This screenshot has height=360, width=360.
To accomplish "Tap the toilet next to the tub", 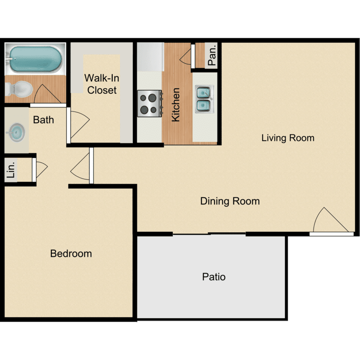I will tap(18, 88).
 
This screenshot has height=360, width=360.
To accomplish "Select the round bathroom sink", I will tap(17, 131).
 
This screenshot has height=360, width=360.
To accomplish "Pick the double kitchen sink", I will tap(204, 99).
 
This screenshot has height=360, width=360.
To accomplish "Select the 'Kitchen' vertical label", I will tap(176, 104).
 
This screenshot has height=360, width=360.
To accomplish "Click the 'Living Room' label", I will tap(288, 138).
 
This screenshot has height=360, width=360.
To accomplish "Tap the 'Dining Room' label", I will tap(230, 201).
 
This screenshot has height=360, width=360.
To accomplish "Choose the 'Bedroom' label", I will tap(71, 253).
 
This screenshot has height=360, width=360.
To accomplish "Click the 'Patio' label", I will tap(214, 277).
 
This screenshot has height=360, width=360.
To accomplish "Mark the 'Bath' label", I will tap(43, 120).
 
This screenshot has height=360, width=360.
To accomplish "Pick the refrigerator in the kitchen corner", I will tap(150, 57).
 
